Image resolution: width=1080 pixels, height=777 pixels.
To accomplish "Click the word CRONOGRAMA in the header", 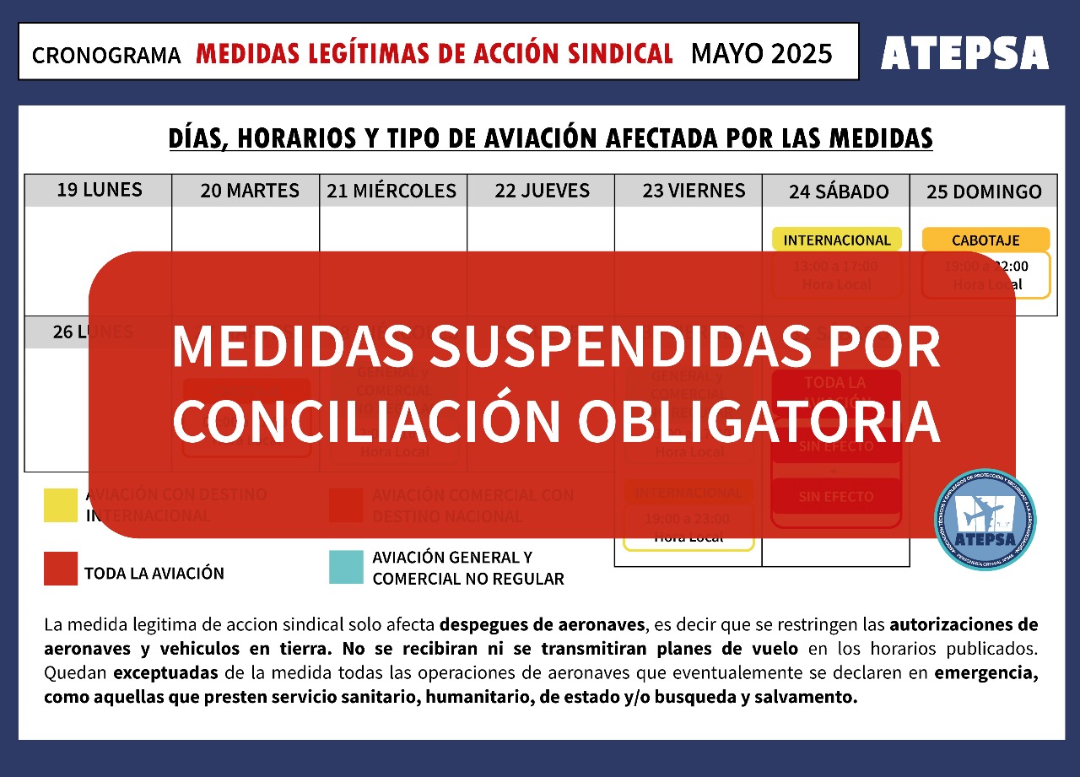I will pyautogui.click(x=106, y=56).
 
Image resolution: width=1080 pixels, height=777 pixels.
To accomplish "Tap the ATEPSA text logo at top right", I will pyautogui.click(x=964, y=54).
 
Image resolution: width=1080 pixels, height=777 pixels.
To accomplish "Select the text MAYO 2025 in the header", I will pyautogui.click(x=761, y=54).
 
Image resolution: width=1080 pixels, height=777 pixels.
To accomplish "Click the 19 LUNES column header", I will pyautogui.click(x=99, y=190).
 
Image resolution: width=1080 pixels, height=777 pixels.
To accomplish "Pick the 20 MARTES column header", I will pyautogui.click(x=249, y=191).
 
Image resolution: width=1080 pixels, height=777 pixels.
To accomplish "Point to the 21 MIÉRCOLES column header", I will pyautogui.click(x=391, y=191).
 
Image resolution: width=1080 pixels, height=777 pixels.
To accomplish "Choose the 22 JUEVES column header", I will pyautogui.click(x=542, y=191).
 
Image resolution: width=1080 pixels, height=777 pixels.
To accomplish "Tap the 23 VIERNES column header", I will pyautogui.click(x=694, y=191).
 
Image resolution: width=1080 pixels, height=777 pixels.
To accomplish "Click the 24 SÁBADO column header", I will pyautogui.click(x=839, y=192).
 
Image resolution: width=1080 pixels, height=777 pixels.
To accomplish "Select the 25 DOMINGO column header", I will pyautogui.click(x=984, y=192).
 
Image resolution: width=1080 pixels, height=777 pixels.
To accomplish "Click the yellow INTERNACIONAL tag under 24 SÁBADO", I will pyautogui.click(x=836, y=240).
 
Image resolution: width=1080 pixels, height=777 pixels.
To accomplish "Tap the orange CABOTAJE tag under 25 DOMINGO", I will pyautogui.click(x=985, y=240).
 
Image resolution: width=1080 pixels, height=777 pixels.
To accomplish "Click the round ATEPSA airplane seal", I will pyautogui.click(x=985, y=520).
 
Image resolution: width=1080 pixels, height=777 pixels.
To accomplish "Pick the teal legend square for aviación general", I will pyautogui.click(x=346, y=568).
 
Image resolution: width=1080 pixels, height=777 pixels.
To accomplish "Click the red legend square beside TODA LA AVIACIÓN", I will pyautogui.click(x=61, y=569).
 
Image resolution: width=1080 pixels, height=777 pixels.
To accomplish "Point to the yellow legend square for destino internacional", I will pyautogui.click(x=61, y=505).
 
